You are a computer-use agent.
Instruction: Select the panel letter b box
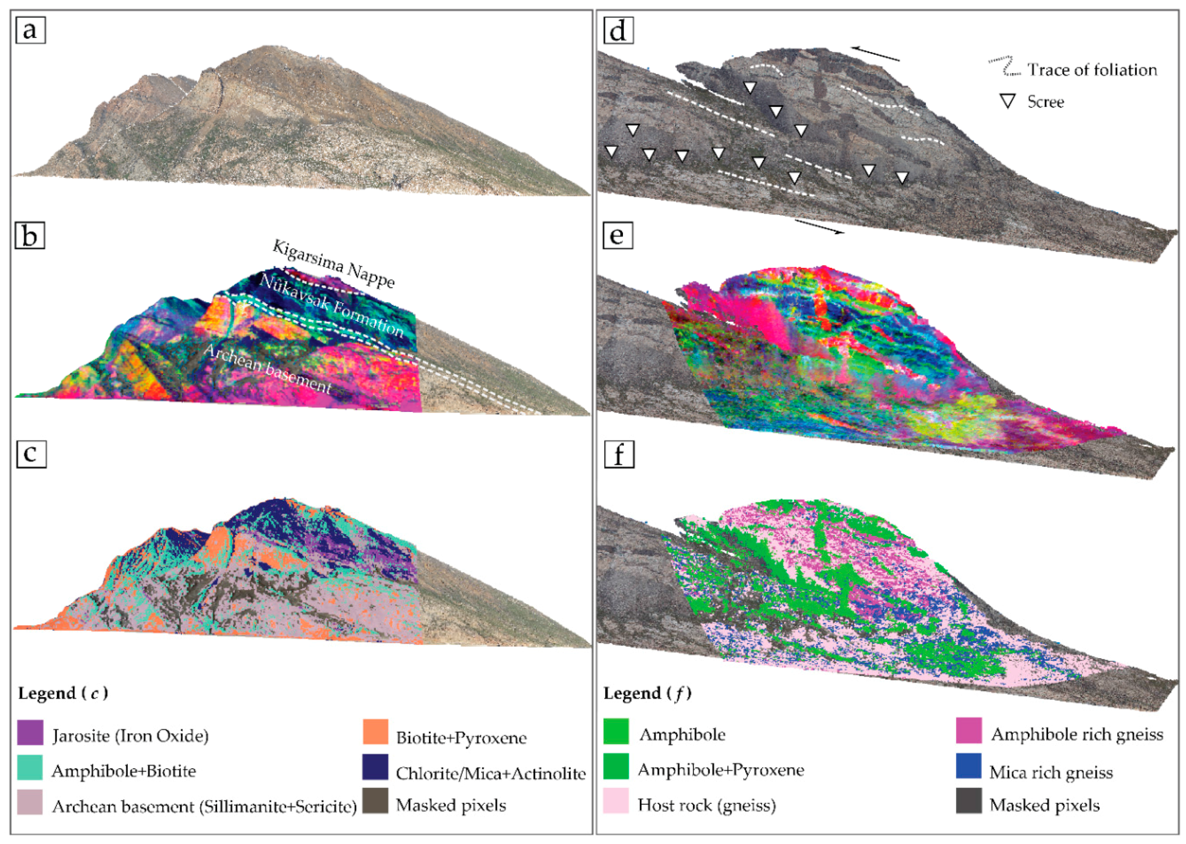click(29, 235)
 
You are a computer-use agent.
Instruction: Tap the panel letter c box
click(31, 454)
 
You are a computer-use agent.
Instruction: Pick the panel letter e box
click(618, 235)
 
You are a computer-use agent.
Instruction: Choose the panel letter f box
click(619, 454)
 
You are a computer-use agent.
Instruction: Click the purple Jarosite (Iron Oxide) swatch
click(30, 733)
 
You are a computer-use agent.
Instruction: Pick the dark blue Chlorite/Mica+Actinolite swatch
click(375, 767)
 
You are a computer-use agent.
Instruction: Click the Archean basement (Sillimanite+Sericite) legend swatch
click(30, 802)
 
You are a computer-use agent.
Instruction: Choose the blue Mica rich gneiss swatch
click(969, 766)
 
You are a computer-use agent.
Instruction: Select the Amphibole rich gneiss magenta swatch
click(969, 731)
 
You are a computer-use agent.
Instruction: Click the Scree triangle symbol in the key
click(1008, 101)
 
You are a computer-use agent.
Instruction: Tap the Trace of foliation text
click(1092, 70)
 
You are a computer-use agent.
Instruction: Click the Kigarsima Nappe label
click(333, 263)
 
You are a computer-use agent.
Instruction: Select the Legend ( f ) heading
click(647, 693)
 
